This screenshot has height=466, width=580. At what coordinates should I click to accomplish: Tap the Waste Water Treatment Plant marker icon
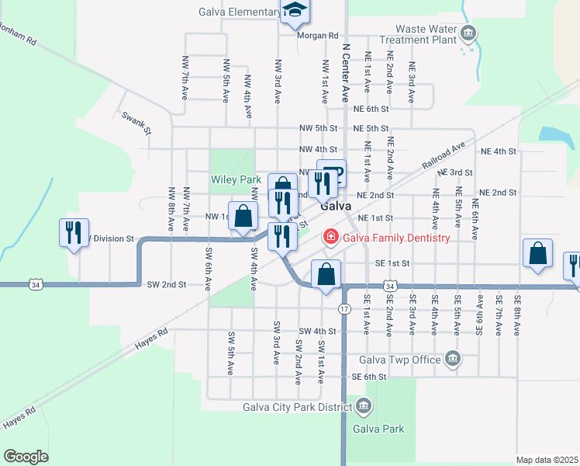[x=468, y=33]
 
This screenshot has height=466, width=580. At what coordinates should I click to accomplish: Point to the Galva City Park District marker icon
[x=365, y=405]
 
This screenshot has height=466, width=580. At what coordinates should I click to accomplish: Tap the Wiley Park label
[x=236, y=179]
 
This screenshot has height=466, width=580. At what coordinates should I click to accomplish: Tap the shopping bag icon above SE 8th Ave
[x=537, y=255]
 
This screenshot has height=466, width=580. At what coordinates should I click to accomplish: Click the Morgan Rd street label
[x=318, y=36]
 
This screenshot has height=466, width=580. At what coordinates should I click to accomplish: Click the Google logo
[x=26, y=456]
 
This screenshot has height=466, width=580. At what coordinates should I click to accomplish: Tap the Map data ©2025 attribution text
[x=547, y=460]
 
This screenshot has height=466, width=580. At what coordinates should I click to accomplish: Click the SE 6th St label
[x=368, y=377]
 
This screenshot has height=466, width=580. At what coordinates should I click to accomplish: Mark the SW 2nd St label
[x=167, y=285]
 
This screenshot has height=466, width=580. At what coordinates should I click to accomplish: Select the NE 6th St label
[x=371, y=110]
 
